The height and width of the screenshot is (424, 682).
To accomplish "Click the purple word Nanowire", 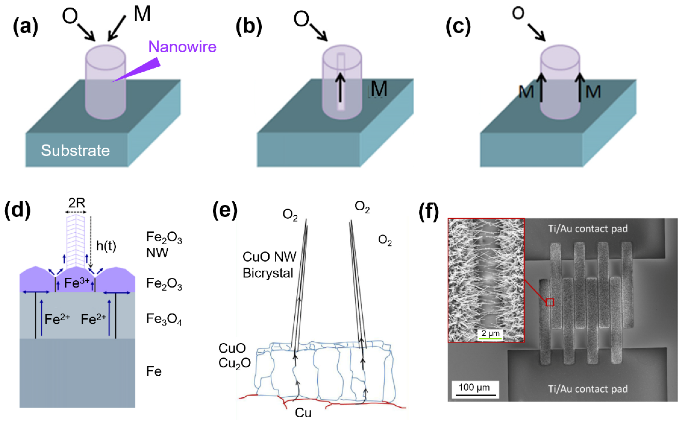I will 182,47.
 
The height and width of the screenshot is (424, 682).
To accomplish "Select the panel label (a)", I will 25,27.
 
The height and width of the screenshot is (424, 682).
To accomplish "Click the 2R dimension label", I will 76,203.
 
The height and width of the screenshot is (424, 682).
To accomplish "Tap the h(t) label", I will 106,246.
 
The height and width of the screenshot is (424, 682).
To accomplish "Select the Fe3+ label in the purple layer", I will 76,283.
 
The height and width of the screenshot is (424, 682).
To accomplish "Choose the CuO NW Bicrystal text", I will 269,265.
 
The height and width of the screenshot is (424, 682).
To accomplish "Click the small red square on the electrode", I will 550,302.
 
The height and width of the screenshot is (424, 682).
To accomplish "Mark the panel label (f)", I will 429,212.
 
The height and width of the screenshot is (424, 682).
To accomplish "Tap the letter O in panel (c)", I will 518,13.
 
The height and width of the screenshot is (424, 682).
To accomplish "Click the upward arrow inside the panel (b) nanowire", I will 340,87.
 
